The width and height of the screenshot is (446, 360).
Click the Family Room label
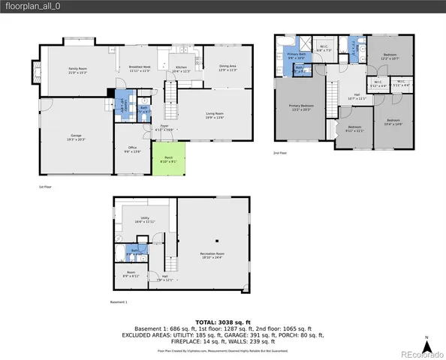[79, 70]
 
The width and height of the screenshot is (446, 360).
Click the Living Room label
[215, 115]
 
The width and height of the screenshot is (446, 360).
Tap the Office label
[131, 149]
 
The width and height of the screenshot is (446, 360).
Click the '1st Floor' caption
[46, 187]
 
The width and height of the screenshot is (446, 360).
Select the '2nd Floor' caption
[279, 153]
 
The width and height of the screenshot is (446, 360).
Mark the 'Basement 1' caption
[119, 302]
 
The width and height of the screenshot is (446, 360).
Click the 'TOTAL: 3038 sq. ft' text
[222, 320]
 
